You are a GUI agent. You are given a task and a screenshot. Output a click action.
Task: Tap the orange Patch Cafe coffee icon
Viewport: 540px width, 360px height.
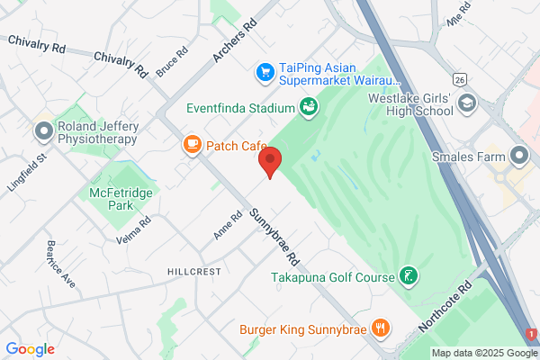tap(192, 144)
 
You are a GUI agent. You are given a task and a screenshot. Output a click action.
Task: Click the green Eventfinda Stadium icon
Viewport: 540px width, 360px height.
tap(309, 108)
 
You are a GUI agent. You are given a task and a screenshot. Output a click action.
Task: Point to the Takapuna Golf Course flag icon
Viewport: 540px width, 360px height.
tap(409, 275)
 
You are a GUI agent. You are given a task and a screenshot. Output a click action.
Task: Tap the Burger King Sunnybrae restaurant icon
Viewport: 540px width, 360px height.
tap(381, 328)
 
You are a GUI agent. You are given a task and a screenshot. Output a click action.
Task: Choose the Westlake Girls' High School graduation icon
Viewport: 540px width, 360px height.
tap(466, 103)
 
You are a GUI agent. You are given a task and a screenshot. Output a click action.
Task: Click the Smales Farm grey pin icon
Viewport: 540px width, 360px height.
tap(520, 157)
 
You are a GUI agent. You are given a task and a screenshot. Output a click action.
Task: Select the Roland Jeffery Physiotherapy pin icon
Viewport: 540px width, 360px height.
tap(42, 132)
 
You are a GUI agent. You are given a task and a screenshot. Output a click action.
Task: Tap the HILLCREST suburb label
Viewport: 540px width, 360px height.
tap(194, 271)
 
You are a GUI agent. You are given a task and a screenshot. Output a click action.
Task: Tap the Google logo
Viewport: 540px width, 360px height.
tap(31, 349)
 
